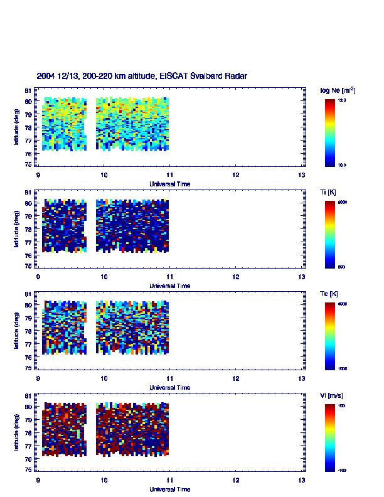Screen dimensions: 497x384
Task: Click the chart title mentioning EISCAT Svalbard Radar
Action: [x=142, y=76]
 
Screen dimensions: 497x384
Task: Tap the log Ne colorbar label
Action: [x=338, y=90]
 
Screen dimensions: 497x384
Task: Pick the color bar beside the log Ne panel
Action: [x=329, y=132]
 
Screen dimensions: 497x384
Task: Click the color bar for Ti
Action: [x=329, y=233]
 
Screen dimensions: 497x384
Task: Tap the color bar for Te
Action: [x=329, y=335]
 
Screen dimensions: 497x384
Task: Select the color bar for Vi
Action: [x=329, y=437]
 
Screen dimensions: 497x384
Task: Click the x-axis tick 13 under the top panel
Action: [x=302, y=175]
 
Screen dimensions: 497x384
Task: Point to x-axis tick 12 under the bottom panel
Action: [x=236, y=480]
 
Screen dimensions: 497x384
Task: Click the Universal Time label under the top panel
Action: [x=170, y=184]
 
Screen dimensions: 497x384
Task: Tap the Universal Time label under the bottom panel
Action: [x=170, y=489]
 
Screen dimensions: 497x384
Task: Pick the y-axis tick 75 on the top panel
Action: [x=29, y=164]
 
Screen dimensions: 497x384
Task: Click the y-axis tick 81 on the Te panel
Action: [x=29, y=294]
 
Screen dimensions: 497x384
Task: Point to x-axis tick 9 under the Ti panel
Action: [x=38, y=277]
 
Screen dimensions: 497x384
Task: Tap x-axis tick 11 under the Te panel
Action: [x=170, y=378]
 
